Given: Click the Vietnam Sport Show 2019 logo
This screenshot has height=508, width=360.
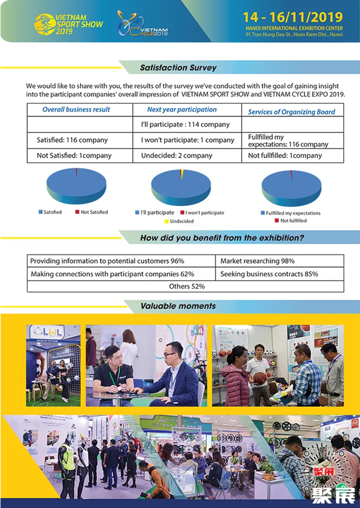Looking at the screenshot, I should click(69, 23).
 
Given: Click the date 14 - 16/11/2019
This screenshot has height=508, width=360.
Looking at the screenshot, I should click(293, 18).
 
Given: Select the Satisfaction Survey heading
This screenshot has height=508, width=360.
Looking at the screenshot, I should click(178, 68).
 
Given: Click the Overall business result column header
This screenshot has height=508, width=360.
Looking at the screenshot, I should click(76, 110).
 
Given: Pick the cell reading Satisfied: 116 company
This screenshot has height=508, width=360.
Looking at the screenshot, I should click(72, 140).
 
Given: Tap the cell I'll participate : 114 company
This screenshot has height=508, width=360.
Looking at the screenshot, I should click(185, 125).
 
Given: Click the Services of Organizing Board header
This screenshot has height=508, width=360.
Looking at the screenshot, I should click(291, 112).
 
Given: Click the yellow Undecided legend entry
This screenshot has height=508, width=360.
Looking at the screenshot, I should click(179, 221).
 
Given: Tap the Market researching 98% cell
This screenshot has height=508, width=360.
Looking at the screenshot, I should click(258, 261).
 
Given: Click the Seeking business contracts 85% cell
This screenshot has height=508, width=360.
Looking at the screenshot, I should click(269, 274).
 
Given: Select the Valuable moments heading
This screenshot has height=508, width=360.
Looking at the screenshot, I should click(178, 306).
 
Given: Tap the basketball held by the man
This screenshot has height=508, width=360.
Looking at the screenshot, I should click(259, 378).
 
